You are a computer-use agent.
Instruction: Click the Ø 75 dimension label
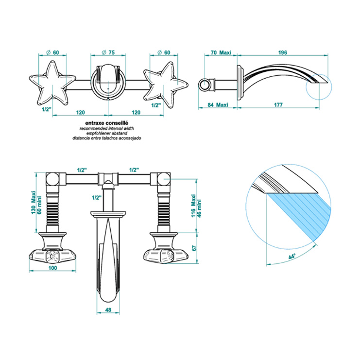pos(108,52)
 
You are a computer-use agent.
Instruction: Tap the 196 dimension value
pos(282,52)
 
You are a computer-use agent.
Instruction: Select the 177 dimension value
pos(278,105)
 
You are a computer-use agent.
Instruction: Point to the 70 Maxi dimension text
pos(221,52)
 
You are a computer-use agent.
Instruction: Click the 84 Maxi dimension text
pos(218,105)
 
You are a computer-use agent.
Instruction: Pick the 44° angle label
pos(292,256)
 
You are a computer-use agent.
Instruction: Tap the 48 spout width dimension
pos(108,310)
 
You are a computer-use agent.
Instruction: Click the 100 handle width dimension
pos(52,268)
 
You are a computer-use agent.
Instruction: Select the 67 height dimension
pos(194,248)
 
